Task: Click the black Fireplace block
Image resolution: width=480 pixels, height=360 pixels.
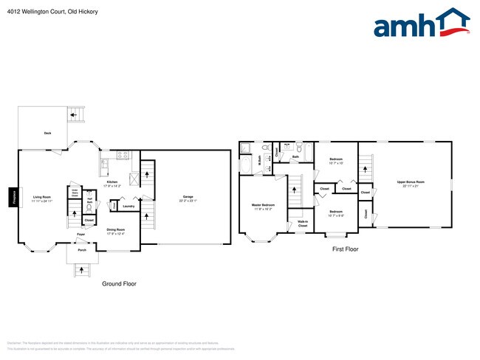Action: click(x=13, y=197)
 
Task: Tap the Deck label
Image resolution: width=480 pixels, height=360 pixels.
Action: click(x=47, y=134)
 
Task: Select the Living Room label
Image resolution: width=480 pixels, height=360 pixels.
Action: click(x=41, y=198)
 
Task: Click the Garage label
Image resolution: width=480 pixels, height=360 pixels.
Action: click(x=188, y=198)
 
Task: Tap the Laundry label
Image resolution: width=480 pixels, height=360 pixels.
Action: click(x=128, y=206)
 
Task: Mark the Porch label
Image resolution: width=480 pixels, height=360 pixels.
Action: click(x=83, y=249)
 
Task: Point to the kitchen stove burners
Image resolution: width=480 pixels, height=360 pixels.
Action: click(x=123, y=155)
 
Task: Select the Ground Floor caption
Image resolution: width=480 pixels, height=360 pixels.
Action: click(x=118, y=283)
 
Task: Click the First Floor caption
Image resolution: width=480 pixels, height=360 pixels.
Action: click(x=344, y=249)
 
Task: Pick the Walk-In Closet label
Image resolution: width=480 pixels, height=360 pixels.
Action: click(x=303, y=223)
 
